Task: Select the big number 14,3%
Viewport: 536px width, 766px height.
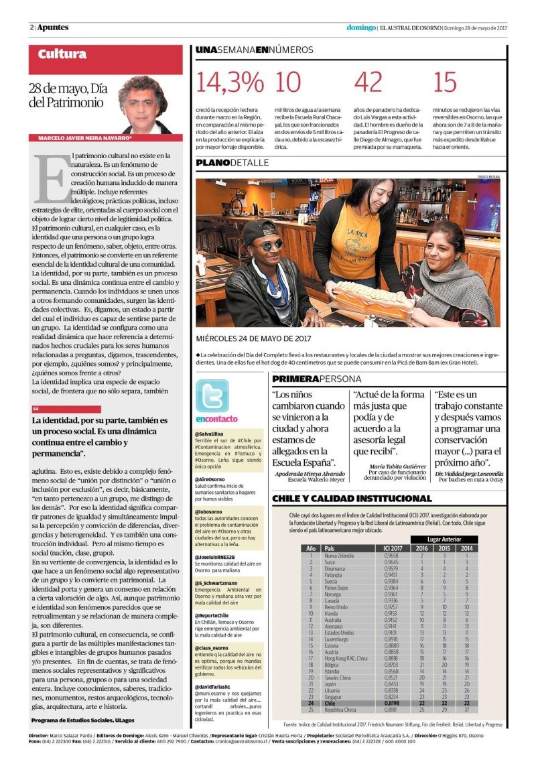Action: [230, 82]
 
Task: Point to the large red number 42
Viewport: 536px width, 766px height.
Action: [368, 82]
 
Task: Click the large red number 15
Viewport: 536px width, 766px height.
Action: [445, 82]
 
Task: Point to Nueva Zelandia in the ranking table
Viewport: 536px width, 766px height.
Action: [339, 556]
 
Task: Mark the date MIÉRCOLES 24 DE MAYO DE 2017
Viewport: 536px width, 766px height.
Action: [253, 338]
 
